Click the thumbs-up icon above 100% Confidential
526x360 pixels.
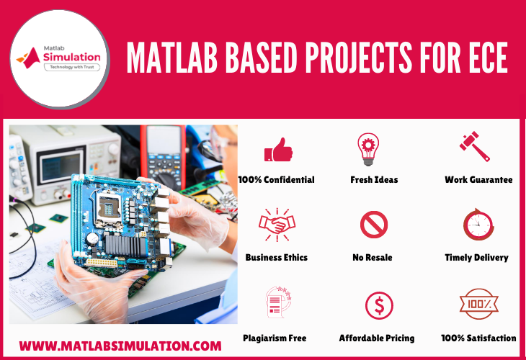click(x=278, y=150)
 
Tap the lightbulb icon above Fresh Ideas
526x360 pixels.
click(x=368, y=149)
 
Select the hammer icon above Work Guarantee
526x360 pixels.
click(x=474, y=146)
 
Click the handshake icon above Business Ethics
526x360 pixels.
click(x=277, y=224)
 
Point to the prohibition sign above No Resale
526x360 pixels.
click(x=374, y=225)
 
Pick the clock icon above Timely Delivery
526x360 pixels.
click(x=478, y=225)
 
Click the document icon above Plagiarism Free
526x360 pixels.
click(x=278, y=302)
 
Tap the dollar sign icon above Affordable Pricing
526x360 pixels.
click(x=379, y=305)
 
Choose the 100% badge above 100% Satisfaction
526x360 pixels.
click(x=478, y=304)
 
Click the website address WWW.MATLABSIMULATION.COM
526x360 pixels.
click(x=120, y=346)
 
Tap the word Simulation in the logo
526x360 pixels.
click(x=72, y=57)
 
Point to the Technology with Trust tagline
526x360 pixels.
click(x=72, y=67)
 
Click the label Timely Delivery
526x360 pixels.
click(x=476, y=258)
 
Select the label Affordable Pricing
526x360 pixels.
click(x=377, y=338)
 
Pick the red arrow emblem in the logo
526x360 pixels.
click(x=30, y=58)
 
